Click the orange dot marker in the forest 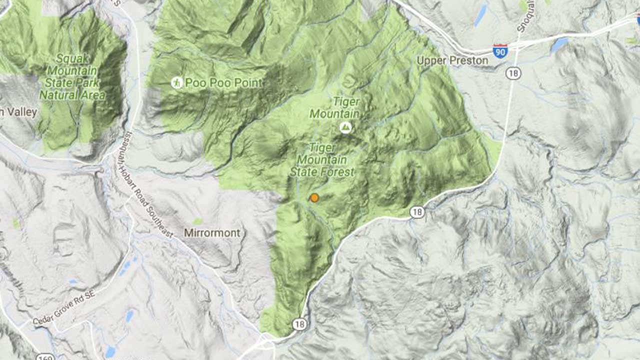314,198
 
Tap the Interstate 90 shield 500,50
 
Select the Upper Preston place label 452,61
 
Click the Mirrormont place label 212,233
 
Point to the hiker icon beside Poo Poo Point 176,82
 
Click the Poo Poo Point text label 223,83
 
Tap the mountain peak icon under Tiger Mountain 345,127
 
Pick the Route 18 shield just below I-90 513,73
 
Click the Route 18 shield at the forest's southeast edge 417,212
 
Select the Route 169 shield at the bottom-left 43,356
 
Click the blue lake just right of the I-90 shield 559,45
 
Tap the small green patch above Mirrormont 198,221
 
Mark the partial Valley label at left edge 18,112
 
